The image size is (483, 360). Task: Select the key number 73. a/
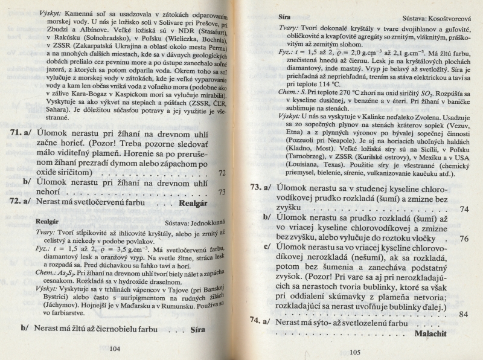tap(260, 188)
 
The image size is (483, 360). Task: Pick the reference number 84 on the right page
tap(464, 314)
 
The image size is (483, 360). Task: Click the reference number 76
tap(464, 238)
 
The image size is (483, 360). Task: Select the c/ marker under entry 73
tap(267, 247)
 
